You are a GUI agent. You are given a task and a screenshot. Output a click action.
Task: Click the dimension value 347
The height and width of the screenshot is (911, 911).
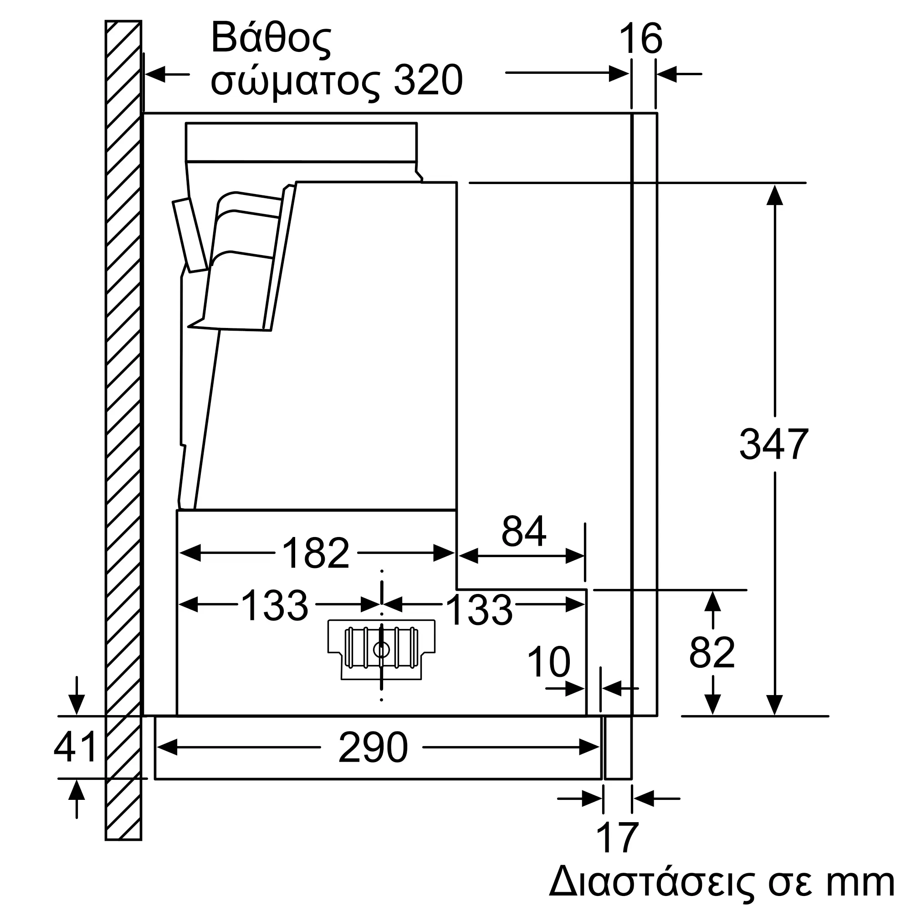[x=773, y=444]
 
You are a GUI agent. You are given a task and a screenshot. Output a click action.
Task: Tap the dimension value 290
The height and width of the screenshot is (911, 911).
[x=373, y=747]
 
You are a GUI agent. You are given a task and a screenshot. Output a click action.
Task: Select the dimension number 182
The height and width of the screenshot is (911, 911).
[x=315, y=553]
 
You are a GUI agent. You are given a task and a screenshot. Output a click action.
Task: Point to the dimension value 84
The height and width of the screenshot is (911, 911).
[x=523, y=531]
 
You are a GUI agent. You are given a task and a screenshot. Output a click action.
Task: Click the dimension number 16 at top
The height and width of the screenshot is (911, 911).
[x=640, y=39]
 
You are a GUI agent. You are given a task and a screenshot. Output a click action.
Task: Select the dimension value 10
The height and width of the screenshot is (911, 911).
[x=548, y=661]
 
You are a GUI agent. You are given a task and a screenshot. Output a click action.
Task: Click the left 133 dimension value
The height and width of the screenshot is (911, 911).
[x=274, y=605]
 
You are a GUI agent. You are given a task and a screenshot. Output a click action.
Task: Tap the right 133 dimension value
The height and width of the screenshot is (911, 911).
[x=479, y=610]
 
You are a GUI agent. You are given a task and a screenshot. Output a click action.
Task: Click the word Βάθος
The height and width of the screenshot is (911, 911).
[x=271, y=39]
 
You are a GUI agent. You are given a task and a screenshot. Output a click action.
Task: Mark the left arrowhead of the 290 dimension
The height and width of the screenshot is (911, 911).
[x=166, y=747]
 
